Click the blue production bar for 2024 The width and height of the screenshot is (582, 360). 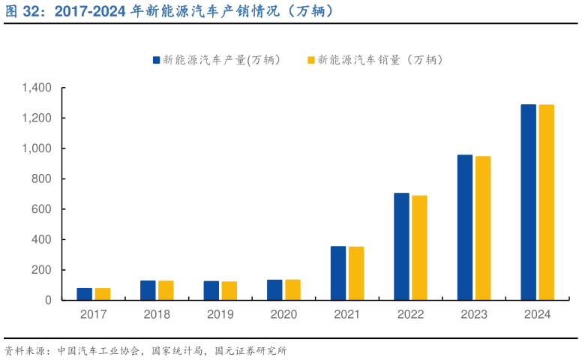click(528, 202)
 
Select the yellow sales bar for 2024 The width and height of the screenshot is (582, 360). click(546, 202)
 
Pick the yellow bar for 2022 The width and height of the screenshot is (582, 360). click(419, 247)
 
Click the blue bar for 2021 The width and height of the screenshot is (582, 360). click(338, 273)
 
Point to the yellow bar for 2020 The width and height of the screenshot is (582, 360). click(292, 289)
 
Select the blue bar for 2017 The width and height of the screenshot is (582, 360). click(85, 294)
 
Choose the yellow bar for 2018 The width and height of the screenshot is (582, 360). click(166, 290)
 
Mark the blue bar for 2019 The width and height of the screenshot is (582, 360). click(211, 290)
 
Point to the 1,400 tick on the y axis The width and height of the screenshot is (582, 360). click(36, 88)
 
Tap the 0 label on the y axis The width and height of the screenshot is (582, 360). click(48, 300)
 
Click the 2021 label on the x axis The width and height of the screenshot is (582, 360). click(347, 315)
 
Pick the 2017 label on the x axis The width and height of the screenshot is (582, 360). click(94, 315)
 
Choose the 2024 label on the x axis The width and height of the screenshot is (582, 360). click(537, 315)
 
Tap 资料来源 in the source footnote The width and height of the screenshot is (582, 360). click(22, 350)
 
